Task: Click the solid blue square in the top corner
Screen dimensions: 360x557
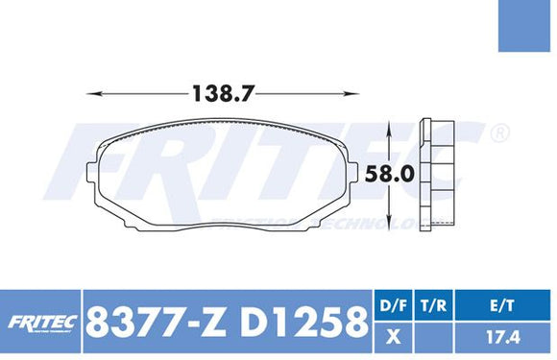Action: click(x=527, y=27)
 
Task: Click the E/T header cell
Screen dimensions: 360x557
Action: click(x=505, y=306)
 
